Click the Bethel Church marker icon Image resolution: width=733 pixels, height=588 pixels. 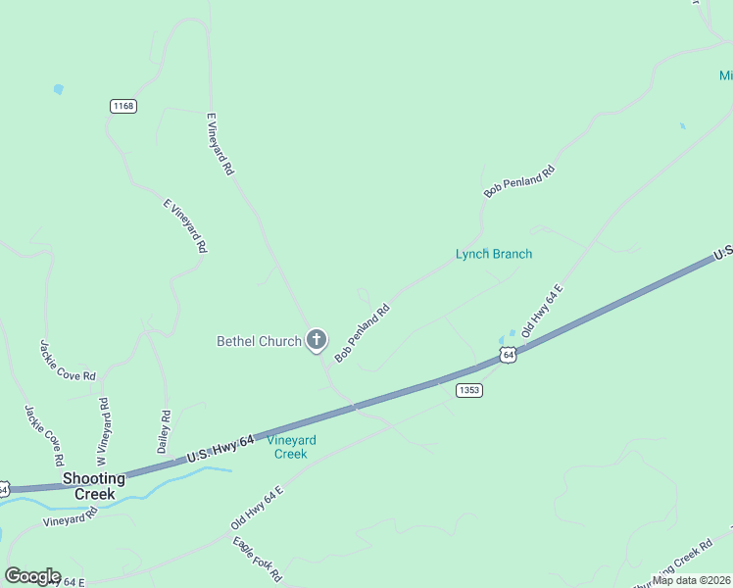(x=316, y=340)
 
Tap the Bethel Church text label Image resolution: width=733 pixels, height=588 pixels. (x=259, y=341)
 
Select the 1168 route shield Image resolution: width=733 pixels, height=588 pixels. (x=123, y=106)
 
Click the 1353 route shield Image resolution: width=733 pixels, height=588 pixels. (x=469, y=390)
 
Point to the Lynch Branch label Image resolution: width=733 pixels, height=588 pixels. (x=494, y=254)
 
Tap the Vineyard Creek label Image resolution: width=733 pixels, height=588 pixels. (x=290, y=447)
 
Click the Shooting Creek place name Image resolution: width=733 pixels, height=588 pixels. (x=94, y=486)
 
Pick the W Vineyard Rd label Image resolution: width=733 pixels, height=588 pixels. (x=103, y=430)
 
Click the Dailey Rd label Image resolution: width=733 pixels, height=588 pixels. (x=165, y=431)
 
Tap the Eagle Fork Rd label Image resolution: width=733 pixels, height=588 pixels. (x=257, y=560)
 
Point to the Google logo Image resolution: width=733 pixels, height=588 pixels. (x=32, y=576)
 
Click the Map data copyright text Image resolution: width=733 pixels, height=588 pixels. (x=692, y=579)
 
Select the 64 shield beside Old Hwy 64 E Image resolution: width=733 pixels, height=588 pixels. (x=507, y=355)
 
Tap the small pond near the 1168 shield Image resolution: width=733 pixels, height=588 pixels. (x=59, y=89)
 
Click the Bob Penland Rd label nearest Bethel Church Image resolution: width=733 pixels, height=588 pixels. (x=363, y=333)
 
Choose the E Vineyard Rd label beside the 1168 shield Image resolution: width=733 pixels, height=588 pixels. (x=220, y=143)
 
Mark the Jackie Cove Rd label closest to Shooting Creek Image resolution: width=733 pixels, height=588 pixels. (x=45, y=435)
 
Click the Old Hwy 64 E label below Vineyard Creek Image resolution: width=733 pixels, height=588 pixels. (x=258, y=508)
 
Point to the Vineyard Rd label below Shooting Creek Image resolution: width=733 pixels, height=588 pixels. (x=71, y=516)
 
